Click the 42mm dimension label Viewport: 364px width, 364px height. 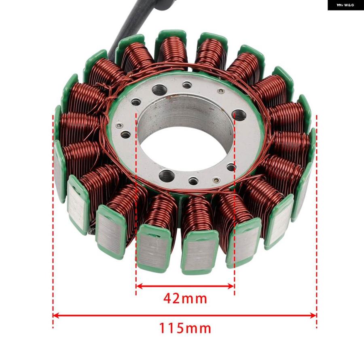coord(185,298)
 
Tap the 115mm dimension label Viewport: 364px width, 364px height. coord(185,328)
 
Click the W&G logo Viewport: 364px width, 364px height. coord(346,5)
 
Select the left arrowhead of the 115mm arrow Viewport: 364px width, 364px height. coord(56,315)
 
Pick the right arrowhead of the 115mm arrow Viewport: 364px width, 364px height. coord(313,315)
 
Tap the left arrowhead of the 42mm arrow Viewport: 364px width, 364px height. coord(139,286)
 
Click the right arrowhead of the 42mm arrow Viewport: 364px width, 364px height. coord(231,286)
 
